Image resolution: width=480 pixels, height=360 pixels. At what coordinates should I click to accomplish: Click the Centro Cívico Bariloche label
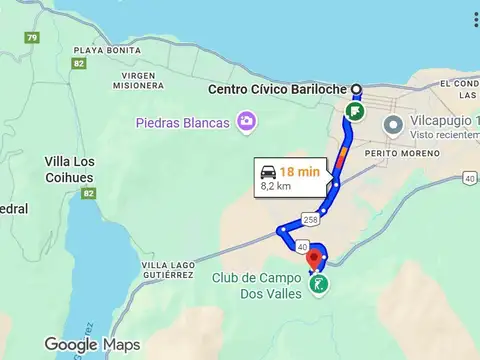tap(277, 89)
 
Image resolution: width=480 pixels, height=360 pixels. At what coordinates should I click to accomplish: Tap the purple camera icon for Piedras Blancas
tap(246, 122)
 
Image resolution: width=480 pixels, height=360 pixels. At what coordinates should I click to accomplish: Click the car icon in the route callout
tap(268, 172)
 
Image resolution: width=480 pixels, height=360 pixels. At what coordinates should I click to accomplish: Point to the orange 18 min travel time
tap(300, 172)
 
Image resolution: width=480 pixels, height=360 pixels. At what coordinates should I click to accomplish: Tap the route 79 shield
tap(33, 38)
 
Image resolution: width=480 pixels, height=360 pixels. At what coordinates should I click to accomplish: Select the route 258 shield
tap(311, 219)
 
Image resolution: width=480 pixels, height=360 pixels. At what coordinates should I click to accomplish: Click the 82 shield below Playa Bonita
tap(78, 63)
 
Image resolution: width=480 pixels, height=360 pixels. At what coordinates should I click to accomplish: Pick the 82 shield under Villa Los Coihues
tap(88, 192)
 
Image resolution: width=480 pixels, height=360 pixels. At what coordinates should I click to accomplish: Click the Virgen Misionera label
tap(138, 80)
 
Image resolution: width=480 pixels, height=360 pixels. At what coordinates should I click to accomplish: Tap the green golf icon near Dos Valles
tap(318, 285)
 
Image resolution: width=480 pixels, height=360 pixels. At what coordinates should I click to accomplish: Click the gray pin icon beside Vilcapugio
tap(393, 125)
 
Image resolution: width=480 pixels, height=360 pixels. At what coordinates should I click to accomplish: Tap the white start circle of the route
tap(357, 89)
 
